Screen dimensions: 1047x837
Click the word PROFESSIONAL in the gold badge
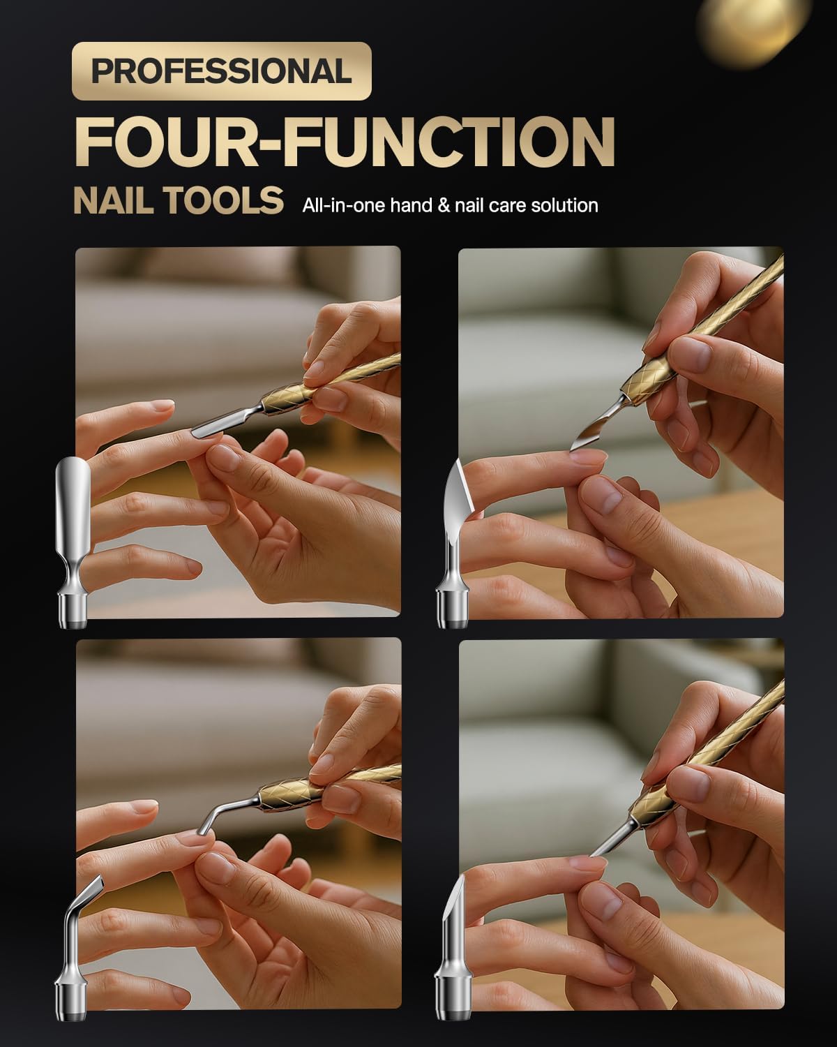[x=222, y=71]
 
